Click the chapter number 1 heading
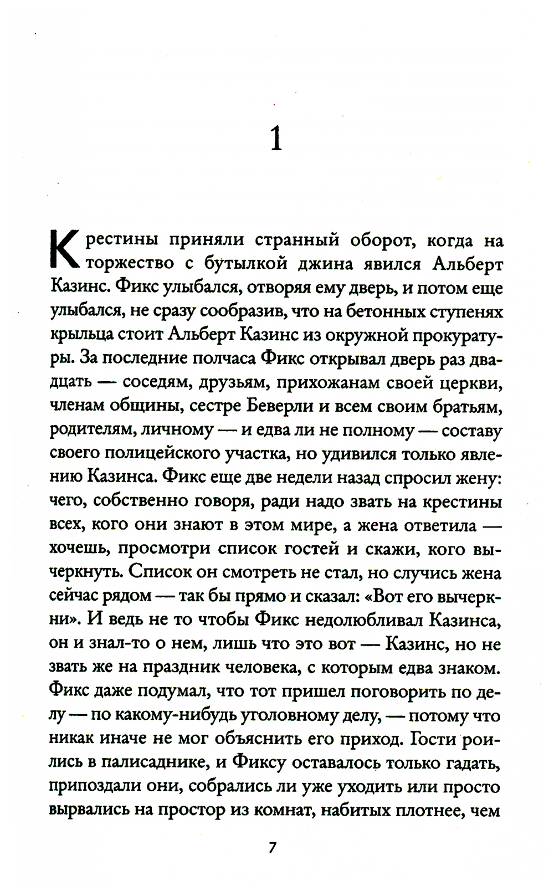[x=276, y=139]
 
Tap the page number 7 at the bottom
[x=272, y=848]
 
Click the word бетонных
[x=384, y=311]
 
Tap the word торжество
[x=131, y=264]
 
